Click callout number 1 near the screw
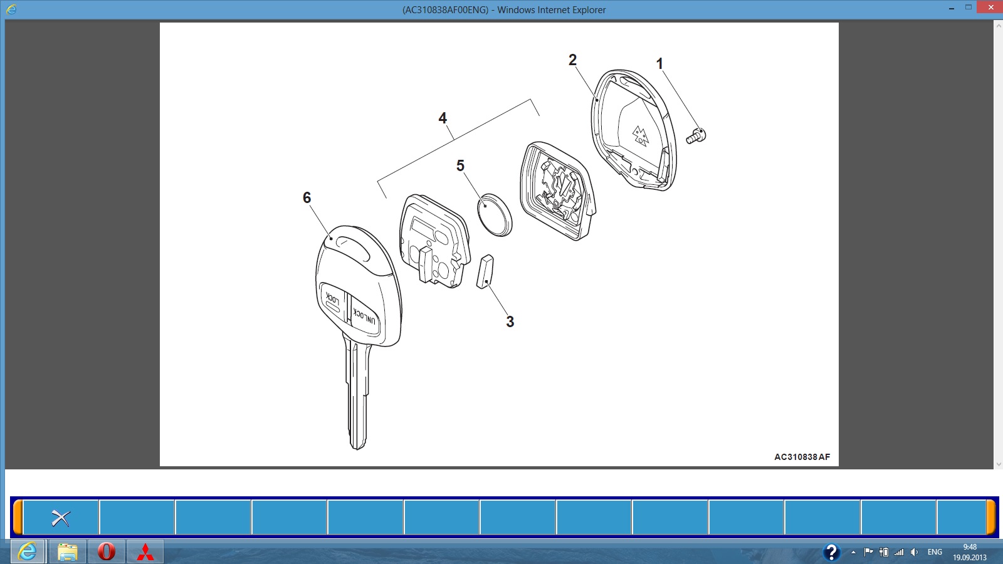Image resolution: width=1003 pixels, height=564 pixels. pos(659,63)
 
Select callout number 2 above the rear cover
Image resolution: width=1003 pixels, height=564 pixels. pos(572,60)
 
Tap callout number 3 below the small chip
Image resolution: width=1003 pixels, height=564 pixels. pos(510,321)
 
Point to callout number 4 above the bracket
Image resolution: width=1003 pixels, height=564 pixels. pos(443,118)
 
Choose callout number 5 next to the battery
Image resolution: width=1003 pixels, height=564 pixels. pos(460,165)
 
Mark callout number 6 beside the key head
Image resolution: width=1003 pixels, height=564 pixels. pos(307,197)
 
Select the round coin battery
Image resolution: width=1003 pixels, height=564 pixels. pos(495,215)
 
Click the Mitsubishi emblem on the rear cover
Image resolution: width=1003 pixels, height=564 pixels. pos(640,136)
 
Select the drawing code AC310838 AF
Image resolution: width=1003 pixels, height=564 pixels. pos(802,457)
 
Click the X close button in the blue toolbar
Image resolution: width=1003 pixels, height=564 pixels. pos(61,518)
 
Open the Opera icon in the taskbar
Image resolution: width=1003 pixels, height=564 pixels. pos(106,551)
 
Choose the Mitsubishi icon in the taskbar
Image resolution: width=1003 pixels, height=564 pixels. pos(145,552)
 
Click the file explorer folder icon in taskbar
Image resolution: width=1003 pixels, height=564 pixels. pos(68,552)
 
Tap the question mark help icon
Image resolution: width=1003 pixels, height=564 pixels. pos(831,552)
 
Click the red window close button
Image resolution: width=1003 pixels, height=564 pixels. pos(990,7)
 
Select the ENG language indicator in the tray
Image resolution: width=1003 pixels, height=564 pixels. pos(935,552)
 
